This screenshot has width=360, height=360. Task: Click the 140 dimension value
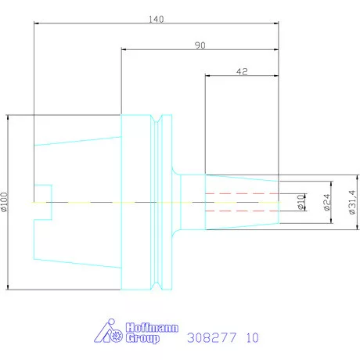pos(156,20)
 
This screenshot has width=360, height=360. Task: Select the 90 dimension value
pos(200,45)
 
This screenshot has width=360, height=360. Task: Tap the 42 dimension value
pos(242,71)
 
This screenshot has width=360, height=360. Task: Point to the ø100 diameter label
pos(5,202)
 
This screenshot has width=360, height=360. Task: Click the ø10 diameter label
pos(301,202)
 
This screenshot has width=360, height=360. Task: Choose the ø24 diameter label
pos(327,202)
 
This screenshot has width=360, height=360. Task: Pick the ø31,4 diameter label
pos(352,202)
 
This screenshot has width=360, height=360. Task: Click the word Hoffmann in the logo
pos(152,328)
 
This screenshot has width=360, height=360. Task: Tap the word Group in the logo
pos(142,338)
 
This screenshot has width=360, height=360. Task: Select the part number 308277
pos(212,337)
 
